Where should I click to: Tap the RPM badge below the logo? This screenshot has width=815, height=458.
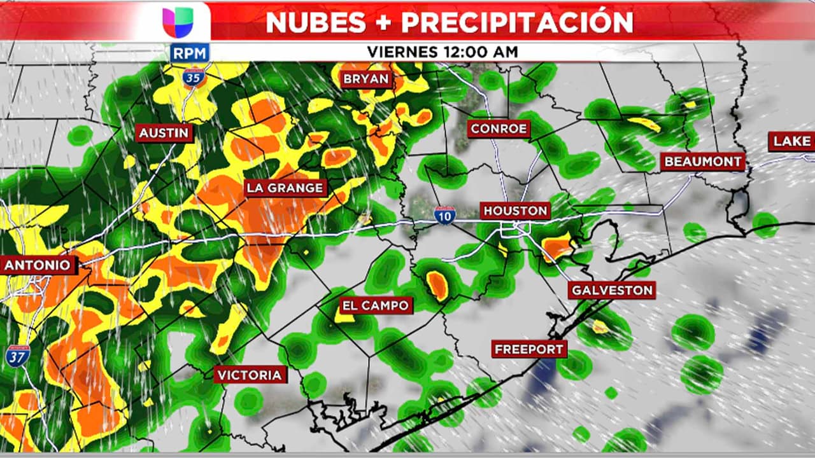click(190, 53)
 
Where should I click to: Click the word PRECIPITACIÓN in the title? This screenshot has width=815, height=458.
click(517, 22)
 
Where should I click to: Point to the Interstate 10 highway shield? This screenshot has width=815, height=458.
click(445, 215)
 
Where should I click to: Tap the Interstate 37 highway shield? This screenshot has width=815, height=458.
click(18, 355)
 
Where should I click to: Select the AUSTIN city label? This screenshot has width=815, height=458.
click(164, 132)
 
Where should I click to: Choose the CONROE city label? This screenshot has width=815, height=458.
click(499, 129)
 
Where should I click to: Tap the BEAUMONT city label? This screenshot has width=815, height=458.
click(703, 162)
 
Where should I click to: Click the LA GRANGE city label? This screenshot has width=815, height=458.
click(286, 188)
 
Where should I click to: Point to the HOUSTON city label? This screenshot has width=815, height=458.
click(515, 211)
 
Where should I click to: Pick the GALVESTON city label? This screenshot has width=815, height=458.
click(612, 291)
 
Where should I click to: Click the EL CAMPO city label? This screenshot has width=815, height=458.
click(375, 306)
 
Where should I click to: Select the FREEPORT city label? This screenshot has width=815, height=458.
click(529, 349)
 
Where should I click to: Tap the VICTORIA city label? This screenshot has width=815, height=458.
click(249, 375)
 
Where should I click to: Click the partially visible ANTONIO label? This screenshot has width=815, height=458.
click(38, 265)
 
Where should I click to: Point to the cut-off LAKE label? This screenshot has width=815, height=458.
click(792, 141)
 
